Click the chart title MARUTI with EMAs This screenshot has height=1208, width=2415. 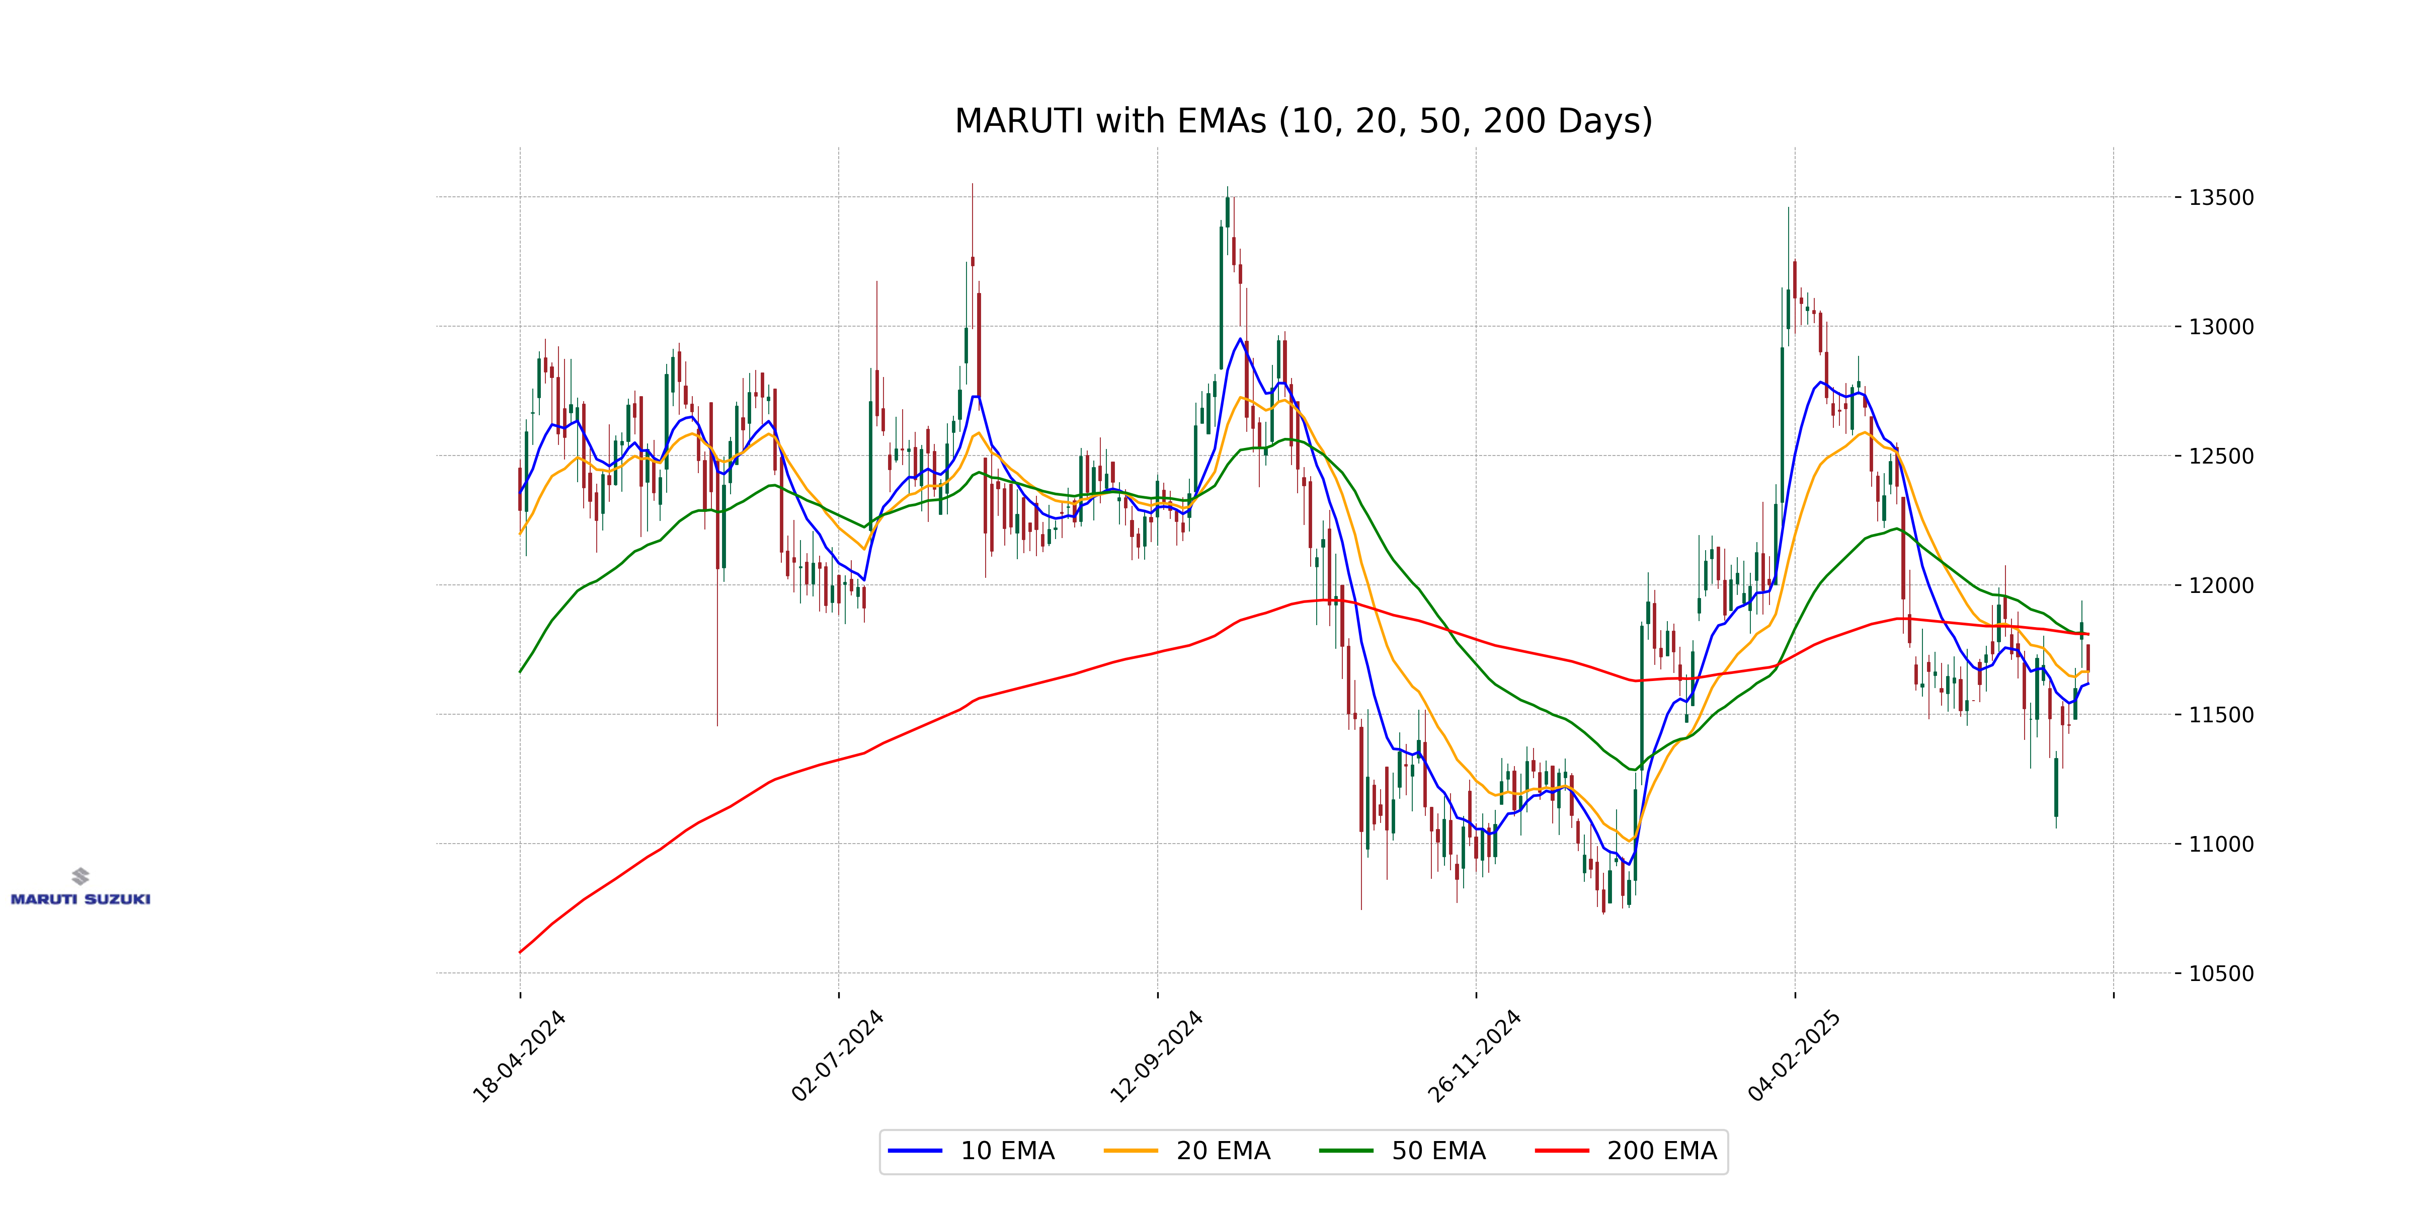click(x=1303, y=121)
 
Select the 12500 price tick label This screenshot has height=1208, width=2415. click(x=2220, y=457)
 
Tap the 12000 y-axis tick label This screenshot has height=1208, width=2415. click(x=2220, y=585)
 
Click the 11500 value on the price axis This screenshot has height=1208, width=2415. click(x=2220, y=715)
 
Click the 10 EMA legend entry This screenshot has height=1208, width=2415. click(x=972, y=1151)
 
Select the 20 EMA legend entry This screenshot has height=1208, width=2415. click(x=1188, y=1151)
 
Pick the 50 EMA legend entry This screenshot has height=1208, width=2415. click(x=1403, y=1151)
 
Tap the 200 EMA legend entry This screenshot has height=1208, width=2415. click(x=1627, y=1151)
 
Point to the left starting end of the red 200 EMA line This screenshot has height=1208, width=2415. click(x=520, y=952)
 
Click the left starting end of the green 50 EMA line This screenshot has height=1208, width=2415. click(x=520, y=671)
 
